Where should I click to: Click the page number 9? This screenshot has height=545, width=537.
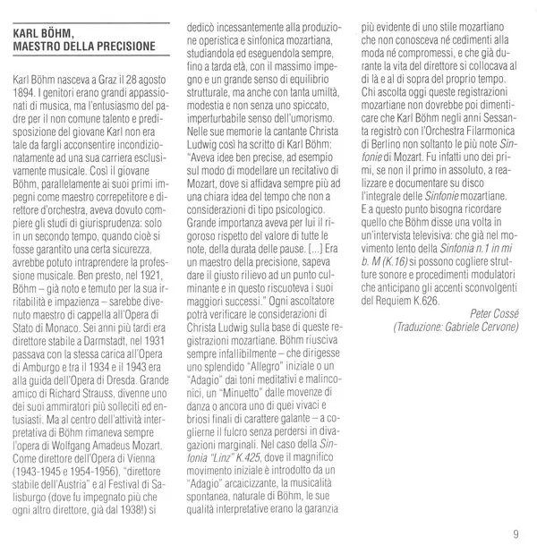516,535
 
